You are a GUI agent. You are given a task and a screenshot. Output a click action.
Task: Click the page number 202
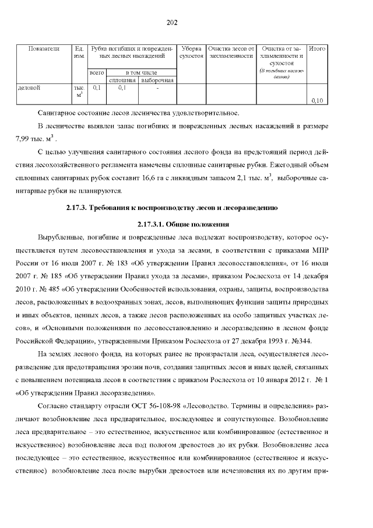point(172,23)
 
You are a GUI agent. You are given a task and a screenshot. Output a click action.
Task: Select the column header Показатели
point(44,49)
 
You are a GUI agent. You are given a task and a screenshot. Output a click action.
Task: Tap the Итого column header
point(316,49)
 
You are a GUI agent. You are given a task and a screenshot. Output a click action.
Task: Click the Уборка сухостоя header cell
point(191,53)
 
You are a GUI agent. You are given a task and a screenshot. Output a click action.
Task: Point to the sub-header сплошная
point(122,79)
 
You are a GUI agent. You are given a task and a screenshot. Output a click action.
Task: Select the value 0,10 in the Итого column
point(317,100)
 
